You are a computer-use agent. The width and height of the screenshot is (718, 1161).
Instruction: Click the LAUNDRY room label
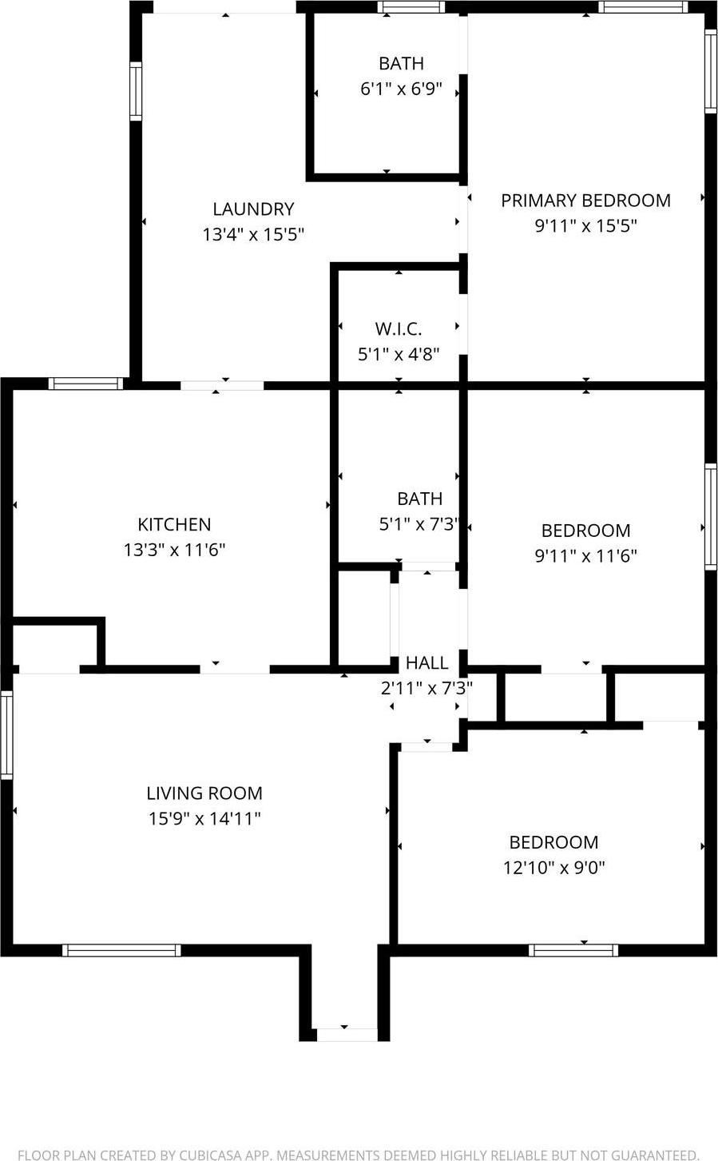point(253,209)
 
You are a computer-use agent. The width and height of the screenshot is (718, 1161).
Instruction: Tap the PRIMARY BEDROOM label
point(585,201)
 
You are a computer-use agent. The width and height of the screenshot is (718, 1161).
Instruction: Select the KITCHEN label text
point(174,525)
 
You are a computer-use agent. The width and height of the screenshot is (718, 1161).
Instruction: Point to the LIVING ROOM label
point(204,793)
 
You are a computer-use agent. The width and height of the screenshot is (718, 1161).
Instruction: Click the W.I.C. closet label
point(398,328)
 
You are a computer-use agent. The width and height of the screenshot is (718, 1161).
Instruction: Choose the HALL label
point(426,662)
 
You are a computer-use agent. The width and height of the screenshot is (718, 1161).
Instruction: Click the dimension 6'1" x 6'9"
point(401,89)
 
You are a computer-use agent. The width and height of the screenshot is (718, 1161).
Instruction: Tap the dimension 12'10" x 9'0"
point(553,868)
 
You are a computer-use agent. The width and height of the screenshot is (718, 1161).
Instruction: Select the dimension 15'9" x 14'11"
point(204,819)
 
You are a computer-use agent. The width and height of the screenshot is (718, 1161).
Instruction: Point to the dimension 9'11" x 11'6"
point(585,556)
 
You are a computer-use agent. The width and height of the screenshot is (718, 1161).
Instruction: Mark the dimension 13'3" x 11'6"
point(174,550)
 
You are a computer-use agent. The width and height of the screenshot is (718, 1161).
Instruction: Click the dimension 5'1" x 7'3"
point(419,524)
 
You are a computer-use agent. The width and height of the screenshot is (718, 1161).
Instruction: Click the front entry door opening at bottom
point(345,1034)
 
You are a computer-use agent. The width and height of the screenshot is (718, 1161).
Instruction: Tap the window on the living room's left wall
point(6,735)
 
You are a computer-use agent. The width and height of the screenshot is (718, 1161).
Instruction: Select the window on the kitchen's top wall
point(85,384)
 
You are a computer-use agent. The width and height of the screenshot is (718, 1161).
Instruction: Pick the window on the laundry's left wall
point(136,91)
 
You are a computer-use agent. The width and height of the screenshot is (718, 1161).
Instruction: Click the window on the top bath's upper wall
point(411,7)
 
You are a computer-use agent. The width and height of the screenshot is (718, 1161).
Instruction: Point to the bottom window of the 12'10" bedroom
point(573,950)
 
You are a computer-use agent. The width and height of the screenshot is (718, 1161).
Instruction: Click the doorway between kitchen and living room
point(234,669)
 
